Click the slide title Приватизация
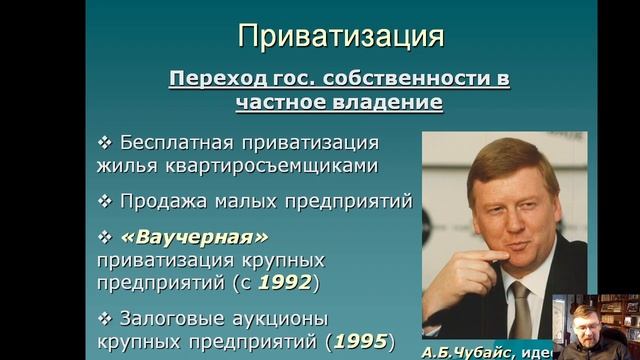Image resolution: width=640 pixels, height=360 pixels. click(339, 39)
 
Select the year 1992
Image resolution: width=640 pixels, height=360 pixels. click(285, 283)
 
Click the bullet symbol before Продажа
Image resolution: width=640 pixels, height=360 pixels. click(105, 200)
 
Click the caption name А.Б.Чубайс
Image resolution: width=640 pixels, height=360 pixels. click(463, 353)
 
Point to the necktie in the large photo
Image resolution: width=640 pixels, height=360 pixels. click(519, 309)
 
